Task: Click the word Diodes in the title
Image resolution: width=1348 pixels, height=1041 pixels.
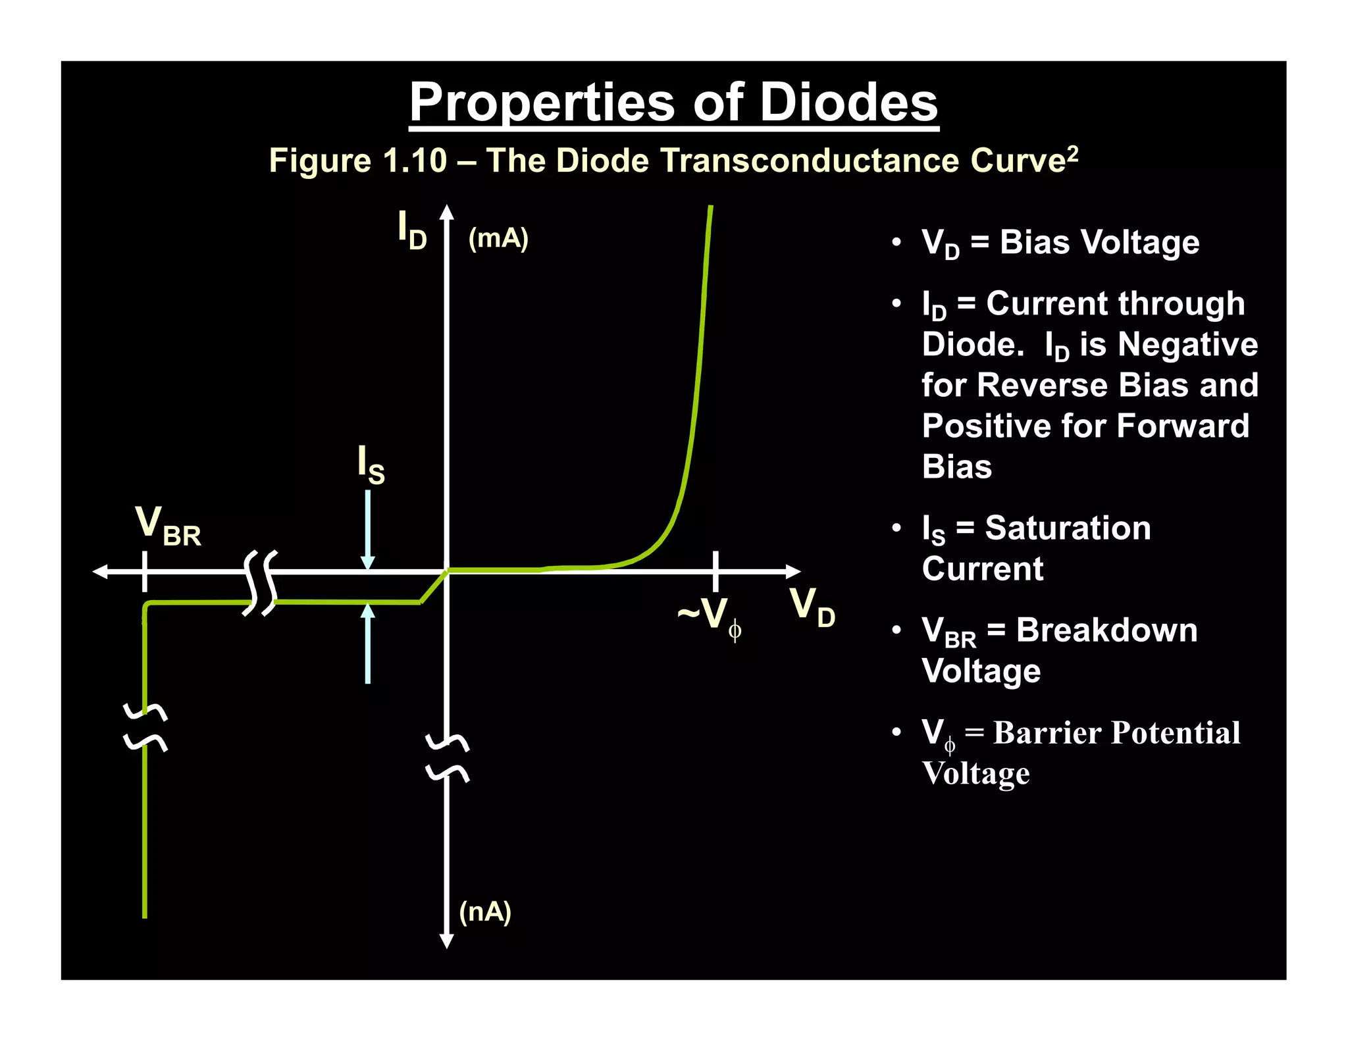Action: point(849,103)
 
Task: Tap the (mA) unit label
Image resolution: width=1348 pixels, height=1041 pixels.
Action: point(498,238)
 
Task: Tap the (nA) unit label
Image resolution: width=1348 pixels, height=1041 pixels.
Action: point(485,912)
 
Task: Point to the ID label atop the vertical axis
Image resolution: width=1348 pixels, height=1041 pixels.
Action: point(412,230)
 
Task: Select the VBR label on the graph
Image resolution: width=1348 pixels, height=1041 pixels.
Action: point(168,526)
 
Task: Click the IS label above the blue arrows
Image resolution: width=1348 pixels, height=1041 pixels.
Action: point(371,465)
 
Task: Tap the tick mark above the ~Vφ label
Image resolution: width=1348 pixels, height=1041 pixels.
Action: point(715,571)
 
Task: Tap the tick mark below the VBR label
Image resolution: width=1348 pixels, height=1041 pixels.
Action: point(145,571)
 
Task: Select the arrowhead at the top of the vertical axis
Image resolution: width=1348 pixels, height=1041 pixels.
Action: point(447,212)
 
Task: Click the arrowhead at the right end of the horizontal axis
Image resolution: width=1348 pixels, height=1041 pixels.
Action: point(793,571)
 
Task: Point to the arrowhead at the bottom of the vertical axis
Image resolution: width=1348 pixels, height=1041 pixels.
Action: point(446,940)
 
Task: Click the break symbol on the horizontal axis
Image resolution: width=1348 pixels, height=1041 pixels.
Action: point(261,582)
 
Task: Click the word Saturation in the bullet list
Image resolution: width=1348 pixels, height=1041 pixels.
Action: point(1068,528)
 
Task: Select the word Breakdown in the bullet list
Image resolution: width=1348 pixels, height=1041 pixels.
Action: point(1106,630)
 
